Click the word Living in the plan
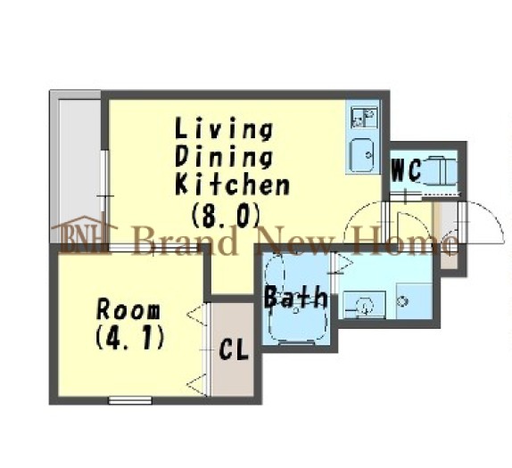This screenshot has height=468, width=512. pyautogui.click(x=224, y=129)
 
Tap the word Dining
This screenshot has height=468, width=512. pyautogui.click(x=224, y=158)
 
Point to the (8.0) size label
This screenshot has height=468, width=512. pyautogui.click(x=226, y=215)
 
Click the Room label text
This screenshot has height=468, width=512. pyautogui.click(x=128, y=310)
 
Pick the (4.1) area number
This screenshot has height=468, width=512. pyautogui.click(x=129, y=337)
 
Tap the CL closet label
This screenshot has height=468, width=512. pyautogui.click(x=234, y=349)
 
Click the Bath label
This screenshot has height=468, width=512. pyautogui.click(x=296, y=297)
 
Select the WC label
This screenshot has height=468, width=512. pyautogui.click(x=406, y=169)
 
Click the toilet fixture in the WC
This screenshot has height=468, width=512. pyautogui.click(x=439, y=169)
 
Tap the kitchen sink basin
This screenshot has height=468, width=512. pyautogui.click(x=362, y=154)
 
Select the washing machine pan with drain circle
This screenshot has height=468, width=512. pyautogui.click(x=415, y=301)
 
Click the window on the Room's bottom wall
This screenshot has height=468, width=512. pyautogui.click(x=130, y=400)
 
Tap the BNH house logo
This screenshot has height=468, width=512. pyautogui.click(x=84, y=234)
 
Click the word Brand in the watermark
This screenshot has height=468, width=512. pyautogui.click(x=186, y=241)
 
